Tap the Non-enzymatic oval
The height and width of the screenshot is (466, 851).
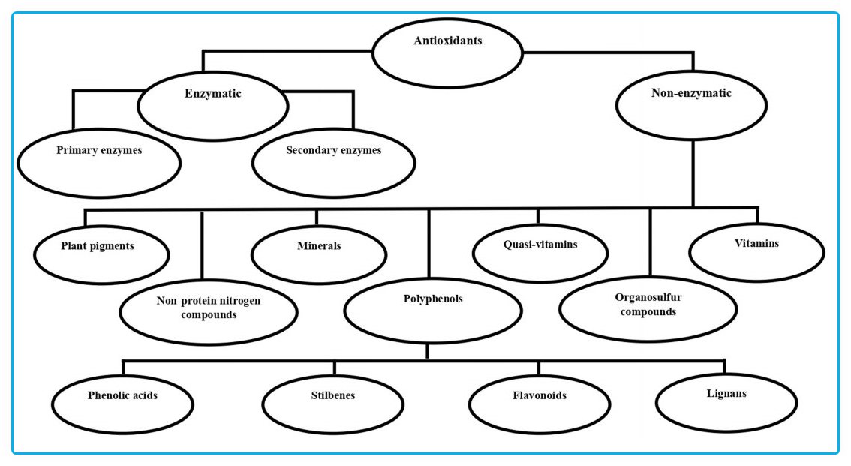[x=691, y=102]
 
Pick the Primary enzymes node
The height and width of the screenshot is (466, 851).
[x=99, y=161]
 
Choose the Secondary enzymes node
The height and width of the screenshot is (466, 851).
[x=333, y=161]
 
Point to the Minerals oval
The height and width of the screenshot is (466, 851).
[x=318, y=253]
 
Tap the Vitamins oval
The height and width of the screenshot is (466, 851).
[x=756, y=251]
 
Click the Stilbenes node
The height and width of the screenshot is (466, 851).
[x=333, y=404]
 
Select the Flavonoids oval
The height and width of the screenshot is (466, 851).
[x=539, y=403]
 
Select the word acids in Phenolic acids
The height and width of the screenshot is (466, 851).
[x=145, y=395]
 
